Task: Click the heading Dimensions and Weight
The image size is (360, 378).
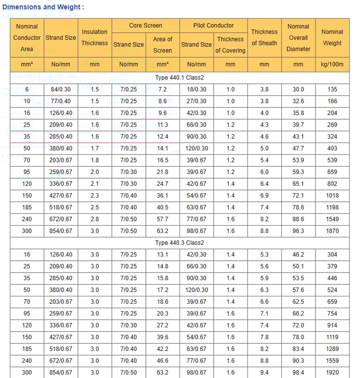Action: (44, 7)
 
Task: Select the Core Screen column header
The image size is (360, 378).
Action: (146, 25)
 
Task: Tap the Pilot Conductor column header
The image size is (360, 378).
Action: (213, 25)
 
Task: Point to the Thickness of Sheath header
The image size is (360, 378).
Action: (264, 38)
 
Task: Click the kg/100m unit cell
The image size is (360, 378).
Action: (332, 64)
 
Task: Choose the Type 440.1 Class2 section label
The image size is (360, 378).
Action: (180, 77)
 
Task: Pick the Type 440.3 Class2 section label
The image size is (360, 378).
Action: (180, 243)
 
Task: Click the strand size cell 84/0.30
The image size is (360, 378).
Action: (61, 90)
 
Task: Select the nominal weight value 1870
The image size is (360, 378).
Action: (332, 231)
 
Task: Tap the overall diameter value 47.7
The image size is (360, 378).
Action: (298, 148)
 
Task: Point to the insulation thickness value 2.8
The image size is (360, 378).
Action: (95, 219)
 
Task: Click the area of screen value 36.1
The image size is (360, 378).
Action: (163, 196)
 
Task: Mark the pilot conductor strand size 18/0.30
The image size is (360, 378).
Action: (196, 90)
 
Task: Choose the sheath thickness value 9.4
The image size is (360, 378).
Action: (264, 372)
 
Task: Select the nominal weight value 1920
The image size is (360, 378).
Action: (332, 372)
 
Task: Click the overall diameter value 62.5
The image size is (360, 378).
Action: (298, 302)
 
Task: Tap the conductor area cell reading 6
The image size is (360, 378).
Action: (27, 90)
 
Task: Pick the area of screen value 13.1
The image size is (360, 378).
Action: (163, 255)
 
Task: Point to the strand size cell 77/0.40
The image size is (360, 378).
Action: (61, 101)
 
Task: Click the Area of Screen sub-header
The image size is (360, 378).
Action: (163, 45)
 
